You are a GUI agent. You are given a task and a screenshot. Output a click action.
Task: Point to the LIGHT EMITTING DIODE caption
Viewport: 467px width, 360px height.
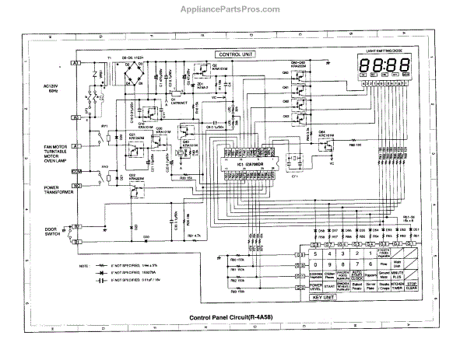point(387,51)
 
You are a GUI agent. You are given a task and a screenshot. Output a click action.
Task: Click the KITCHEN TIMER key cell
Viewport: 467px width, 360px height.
point(399,285)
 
